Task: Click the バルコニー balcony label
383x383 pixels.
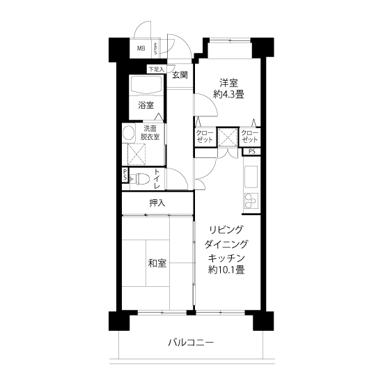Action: [191, 343]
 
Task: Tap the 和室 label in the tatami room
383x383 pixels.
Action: [157, 263]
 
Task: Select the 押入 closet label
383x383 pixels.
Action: [157, 203]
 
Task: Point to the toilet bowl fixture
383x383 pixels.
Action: [142, 179]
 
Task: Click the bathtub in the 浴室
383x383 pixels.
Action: [146, 84]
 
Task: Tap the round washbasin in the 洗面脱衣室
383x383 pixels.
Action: [129, 133]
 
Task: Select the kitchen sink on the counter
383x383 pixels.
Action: [251, 177]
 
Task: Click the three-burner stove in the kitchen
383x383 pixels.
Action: [251, 201]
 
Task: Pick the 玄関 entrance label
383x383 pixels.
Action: [180, 75]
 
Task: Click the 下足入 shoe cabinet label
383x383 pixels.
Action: [156, 70]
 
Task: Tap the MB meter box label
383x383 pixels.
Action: [141, 48]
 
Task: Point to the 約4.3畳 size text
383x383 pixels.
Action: [228, 94]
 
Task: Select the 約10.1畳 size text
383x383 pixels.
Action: [226, 269]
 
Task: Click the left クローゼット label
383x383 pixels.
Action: [205, 136]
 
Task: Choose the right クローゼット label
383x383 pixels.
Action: [249, 136]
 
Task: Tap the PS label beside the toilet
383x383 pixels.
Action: [125, 174]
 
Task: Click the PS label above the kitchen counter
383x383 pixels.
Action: [252, 151]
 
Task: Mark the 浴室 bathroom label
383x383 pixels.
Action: [146, 106]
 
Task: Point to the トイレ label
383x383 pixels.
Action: [157, 179]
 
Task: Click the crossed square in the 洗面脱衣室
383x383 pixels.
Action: [136, 154]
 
